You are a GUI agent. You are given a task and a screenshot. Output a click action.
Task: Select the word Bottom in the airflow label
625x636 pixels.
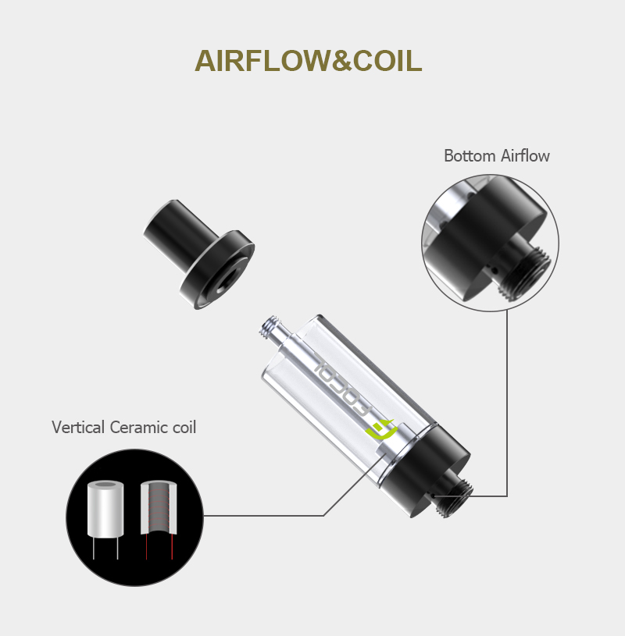[469, 156]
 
